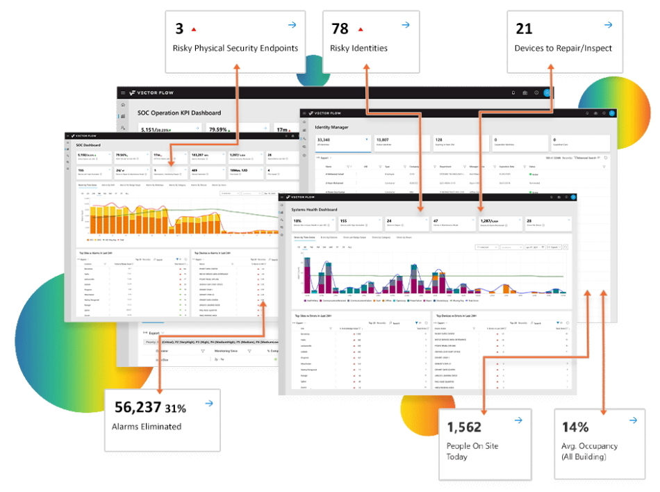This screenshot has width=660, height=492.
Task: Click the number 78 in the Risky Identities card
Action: coord(340,28)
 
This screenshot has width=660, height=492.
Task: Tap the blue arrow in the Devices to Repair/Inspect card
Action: coord(608,25)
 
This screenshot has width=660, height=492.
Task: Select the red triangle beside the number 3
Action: coord(194,29)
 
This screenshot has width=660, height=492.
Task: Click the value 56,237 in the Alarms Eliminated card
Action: coord(137,407)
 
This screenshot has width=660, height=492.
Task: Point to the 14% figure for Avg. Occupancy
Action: coord(575,427)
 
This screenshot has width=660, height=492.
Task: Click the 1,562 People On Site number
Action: coord(464,427)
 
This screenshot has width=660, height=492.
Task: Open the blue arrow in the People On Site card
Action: coord(517,420)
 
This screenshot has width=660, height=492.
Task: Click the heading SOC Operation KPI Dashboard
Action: coord(179,113)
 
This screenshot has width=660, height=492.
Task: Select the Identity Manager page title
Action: coord(332,127)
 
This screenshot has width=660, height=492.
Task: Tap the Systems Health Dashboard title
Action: coord(315,209)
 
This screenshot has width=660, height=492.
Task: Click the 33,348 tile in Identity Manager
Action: coord(324,140)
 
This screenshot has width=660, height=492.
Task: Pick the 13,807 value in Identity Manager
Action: coord(383,140)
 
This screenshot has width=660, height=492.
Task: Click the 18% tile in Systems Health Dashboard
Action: coord(298,220)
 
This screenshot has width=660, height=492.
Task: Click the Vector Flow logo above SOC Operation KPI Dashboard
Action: coord(151,92)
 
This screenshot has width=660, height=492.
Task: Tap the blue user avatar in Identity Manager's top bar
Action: coord(612,113)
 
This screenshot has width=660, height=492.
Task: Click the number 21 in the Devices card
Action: coord(524,28)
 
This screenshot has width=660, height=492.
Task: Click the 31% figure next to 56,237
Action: coord(176,408)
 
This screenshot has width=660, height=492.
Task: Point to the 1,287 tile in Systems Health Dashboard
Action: coord(490,220)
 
